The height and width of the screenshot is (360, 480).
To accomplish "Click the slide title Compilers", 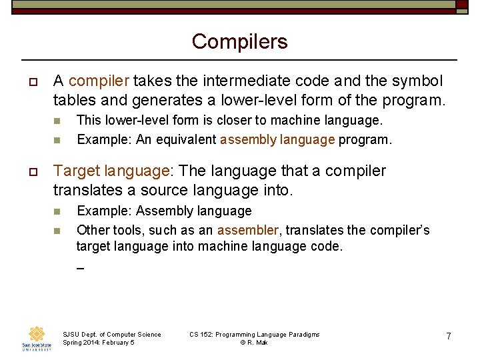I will pyautogui.click(x=239, y=41).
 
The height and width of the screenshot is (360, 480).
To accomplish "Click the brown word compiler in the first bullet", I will pyautogui.click(x=99, y=81).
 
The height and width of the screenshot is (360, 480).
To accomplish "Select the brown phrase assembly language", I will pyautogui.click(x=277, y=140).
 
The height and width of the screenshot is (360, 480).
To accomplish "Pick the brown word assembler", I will pyautogui.click(x=248, y=230).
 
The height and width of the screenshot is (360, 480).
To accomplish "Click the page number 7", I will pyautogui.click(x=449, y=337).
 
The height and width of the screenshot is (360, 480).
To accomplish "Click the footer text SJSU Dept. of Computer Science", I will pyautogui.click(x=111, y=334).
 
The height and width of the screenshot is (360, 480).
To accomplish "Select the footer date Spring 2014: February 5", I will pyautogui.click(x=99, y=343).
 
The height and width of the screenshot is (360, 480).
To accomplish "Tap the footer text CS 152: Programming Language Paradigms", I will pyautogui.click(x=254, y=334).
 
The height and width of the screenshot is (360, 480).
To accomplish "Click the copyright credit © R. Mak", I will pyautogui.click(x=253, y=343).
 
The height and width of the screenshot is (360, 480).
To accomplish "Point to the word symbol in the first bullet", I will pyautogui.click(x=417, y=81).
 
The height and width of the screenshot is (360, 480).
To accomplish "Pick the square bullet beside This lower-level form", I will pyautogui.click(x=57, y=121).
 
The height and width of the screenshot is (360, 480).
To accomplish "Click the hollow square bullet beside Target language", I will pyautogui.click(x=31, y=171).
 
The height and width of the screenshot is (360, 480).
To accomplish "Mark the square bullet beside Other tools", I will pyautogui.click(x=57, y=231).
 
